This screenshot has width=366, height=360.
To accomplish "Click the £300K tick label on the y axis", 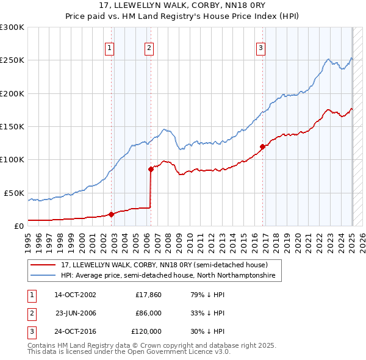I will pyautogui.click(x=12, y=27).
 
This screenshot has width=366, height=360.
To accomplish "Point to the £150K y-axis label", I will pyautogui.click(x=12, y=127).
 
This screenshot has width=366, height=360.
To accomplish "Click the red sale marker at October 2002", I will pyautogui.click(x=112, y=214).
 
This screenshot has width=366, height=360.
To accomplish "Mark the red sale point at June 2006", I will pyautogui.click(x=151, y=169).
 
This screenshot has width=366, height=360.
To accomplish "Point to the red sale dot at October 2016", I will pyautogui.click(x=262, y=146).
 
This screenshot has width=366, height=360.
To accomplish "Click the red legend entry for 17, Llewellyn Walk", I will pyautogui.click(x=164, y=265).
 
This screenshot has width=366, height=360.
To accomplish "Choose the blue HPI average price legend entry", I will pyautogui.click(x=168, y=276).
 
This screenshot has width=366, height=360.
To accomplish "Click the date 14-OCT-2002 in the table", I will pyautogui.click(x=75, y=295).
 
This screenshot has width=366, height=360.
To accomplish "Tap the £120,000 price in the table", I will pyautogui.click(x=146, y=331).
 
